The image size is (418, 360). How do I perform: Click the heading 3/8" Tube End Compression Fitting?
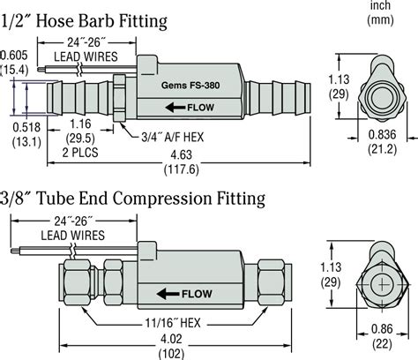click(132, 199)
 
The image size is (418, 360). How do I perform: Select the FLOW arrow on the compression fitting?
click(182, 292)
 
